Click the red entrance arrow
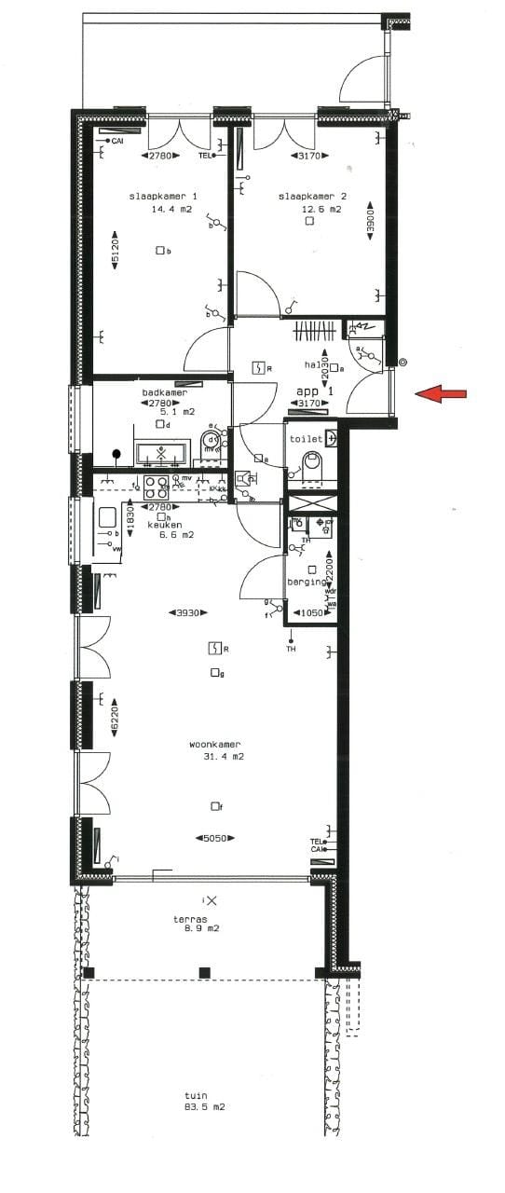pos(441,394)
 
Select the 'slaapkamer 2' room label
pos(312,197)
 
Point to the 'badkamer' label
pos(164,393)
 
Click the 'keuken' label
pos(164,525)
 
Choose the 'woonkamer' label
pos(215,744)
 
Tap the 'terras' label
pos(189,918)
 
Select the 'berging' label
pos(306,581)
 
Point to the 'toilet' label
pos(306,438)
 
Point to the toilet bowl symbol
pos(312,462)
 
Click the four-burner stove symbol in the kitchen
pos(155,484)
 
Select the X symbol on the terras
pos(212,900)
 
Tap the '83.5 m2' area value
pos(204,1107)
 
